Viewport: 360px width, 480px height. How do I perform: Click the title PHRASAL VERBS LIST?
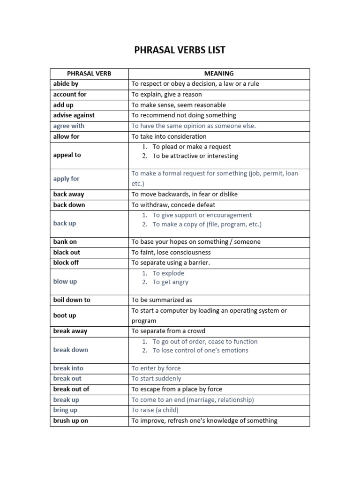point(180,50)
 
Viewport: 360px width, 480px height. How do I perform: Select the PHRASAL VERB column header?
point(89,74)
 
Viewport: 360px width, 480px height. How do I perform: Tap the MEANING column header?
point(219,74)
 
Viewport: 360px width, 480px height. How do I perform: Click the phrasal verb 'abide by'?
point(66,84)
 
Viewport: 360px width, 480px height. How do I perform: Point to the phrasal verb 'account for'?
point(70,94)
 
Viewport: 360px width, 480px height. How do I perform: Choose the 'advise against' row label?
point(74,115)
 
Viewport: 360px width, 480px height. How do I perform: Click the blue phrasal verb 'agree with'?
point(69,126)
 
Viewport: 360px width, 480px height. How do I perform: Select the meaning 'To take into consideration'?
point(169,136)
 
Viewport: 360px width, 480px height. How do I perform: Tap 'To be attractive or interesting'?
point(195,156)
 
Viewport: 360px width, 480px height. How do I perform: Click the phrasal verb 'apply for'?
point(66,179)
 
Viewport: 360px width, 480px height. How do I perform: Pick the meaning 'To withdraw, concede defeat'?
point(173,205)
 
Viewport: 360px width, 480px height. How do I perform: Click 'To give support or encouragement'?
point(202,215)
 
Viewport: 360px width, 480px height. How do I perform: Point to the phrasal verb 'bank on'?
point(65,242)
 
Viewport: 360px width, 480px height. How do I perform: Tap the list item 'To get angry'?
point(170,282)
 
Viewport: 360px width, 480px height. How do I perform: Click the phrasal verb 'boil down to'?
point(72,300)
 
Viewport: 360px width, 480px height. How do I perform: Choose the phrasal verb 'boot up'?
point(64,315)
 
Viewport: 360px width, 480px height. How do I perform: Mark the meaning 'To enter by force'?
point(156,368)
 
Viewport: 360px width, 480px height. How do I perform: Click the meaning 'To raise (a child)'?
point(155,410)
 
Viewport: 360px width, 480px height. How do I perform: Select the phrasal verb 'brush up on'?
point(70,420)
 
